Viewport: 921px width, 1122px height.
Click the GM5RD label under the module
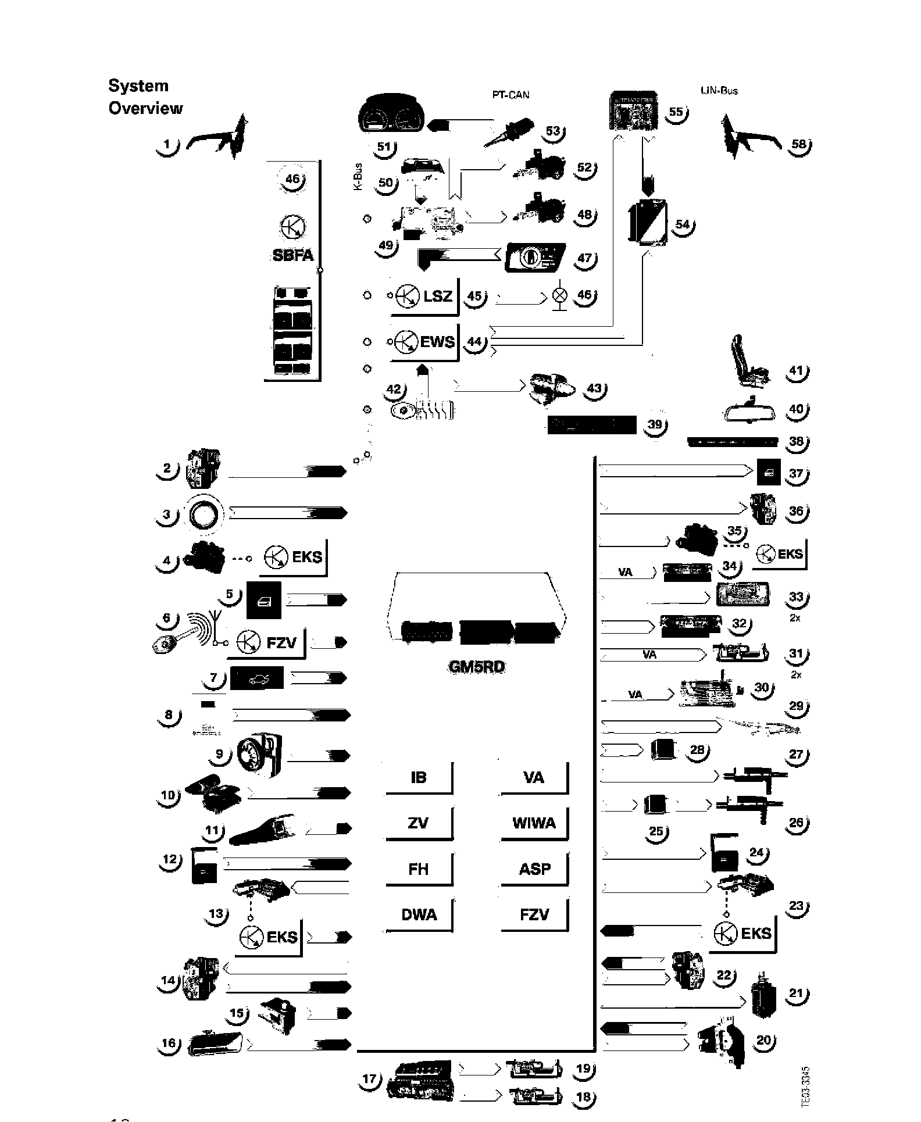click(477, 667)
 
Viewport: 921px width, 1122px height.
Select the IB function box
click(419, 777)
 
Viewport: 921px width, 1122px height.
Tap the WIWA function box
click(534, 823)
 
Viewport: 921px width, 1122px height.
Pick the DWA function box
click(419, 914)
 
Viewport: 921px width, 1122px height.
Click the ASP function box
click(534, 869)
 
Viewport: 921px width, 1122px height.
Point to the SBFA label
click(293, 255)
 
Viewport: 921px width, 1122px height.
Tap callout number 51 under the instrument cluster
click(384, 146)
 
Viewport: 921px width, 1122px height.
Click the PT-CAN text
click(511, 95)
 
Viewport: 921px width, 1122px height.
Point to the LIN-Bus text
click(719, 91)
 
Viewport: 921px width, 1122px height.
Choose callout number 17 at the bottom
click(370, 1080)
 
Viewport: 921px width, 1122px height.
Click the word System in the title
click(138, 86)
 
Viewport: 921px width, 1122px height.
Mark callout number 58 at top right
click(799, 144)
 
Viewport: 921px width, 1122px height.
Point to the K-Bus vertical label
click(358, 177)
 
